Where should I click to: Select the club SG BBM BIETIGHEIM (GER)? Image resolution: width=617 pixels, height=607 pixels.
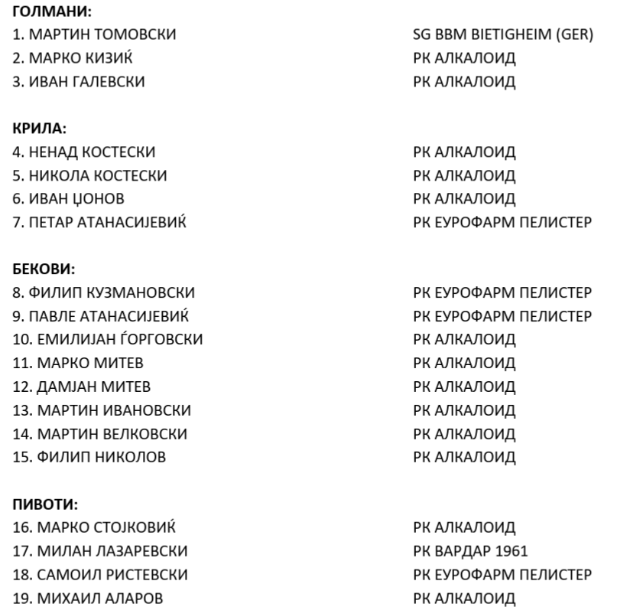(x=503, y=35)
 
